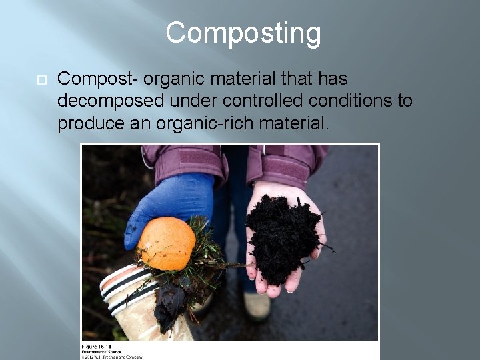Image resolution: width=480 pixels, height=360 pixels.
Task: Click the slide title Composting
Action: pyautogui.click(x=243, y=33)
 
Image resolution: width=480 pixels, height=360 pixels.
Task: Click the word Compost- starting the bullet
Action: pyautogui.click(x=97, y=79)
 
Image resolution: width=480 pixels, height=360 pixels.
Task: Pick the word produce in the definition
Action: pyautogui.click(x=86, y=123)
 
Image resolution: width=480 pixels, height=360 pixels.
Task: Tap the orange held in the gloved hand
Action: pyautogui.click(x=167, y=243)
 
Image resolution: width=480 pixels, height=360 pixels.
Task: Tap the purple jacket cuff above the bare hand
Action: pyautogui.click(x=283, y=163)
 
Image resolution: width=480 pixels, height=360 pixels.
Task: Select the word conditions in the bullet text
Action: pyautogui.click(x=354, y=101)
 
